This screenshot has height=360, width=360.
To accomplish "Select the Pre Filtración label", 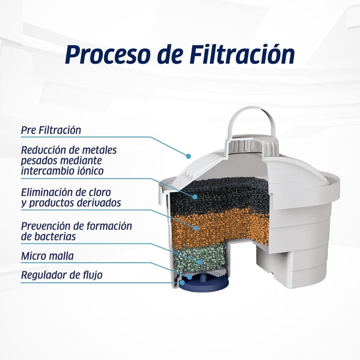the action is (51, 130).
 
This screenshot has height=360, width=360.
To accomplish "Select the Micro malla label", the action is (47, 256).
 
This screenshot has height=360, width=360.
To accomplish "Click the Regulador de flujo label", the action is (62, 275).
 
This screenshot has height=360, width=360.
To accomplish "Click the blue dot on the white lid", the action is (189, 156).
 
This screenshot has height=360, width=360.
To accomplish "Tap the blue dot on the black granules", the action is (195, 197).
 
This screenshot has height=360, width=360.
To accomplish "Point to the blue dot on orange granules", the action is (196, 228).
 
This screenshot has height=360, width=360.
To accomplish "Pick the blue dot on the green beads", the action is (200, 262).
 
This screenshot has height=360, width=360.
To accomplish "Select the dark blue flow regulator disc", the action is (202, 284).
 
